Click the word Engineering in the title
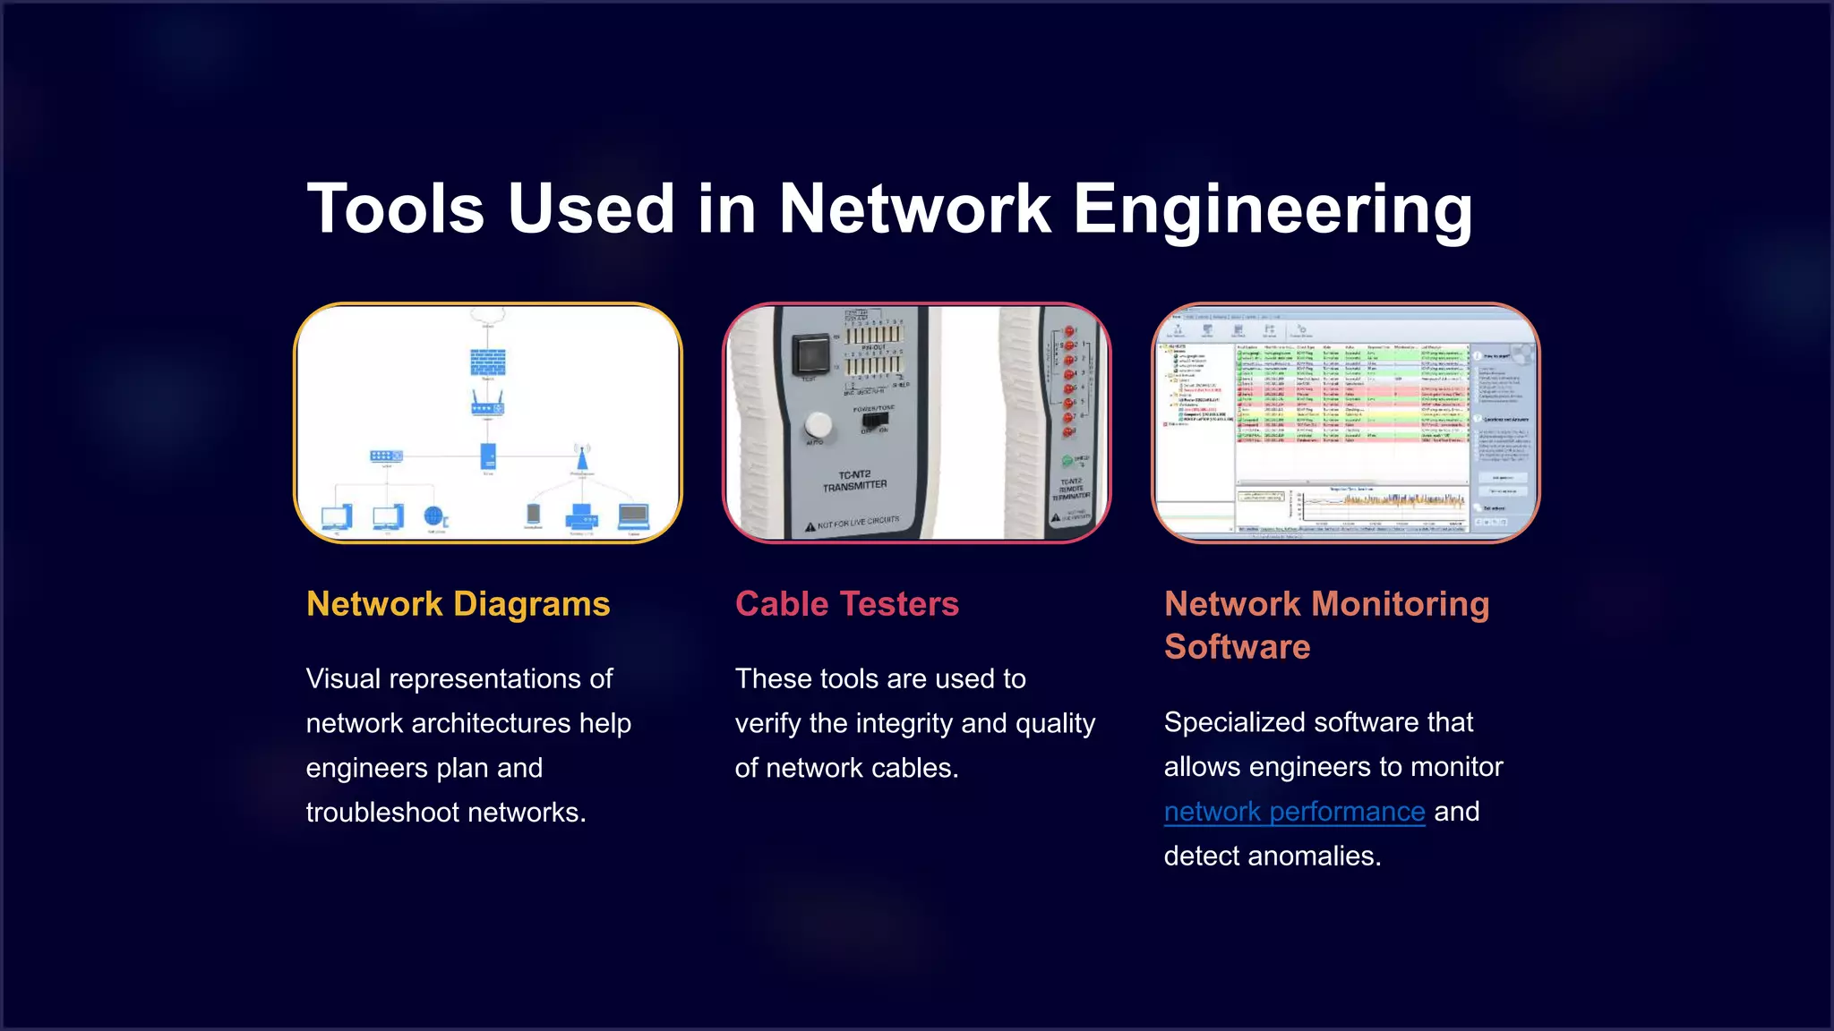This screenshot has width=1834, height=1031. click(1272, 209)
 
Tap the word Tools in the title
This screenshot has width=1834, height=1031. click(395, 209)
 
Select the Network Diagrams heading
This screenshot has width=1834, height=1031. click(458, 604)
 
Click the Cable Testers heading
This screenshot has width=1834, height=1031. click(846, 604)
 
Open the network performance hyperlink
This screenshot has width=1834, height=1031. click(1294, 812)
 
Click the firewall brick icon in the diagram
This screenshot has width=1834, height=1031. click(488, 362)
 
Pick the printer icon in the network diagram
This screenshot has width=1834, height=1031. click(582, 516)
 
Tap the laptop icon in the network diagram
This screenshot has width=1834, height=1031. click(633, 515)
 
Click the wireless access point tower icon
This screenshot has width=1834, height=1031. click(582, 458)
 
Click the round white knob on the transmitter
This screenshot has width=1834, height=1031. click(818, 424)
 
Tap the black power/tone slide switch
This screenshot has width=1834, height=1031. click(874, 421)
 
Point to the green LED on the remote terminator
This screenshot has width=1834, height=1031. click(1067, 461)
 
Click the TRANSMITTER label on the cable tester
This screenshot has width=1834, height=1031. click(855, 486)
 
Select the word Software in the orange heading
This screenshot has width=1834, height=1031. click(1237, 647)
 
